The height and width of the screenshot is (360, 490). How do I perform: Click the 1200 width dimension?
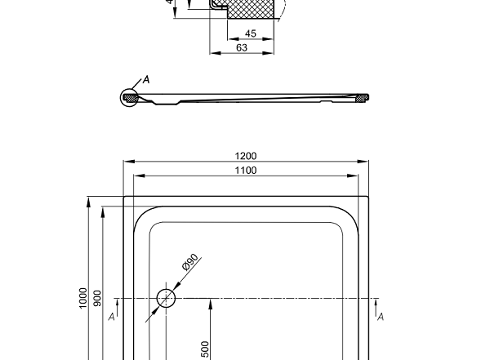point(245,156)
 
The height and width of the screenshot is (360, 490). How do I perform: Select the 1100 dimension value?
point(245,171)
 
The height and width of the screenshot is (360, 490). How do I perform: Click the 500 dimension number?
point(206,349)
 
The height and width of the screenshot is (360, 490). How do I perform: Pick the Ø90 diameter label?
point(190,262)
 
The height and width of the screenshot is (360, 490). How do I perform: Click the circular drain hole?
point(167,298)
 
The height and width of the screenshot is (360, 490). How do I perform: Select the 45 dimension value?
point(251,33)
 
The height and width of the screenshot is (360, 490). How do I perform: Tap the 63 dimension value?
point(242,47)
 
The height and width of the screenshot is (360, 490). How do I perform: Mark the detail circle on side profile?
point(129,98)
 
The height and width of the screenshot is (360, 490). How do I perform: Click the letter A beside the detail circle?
point(146,79)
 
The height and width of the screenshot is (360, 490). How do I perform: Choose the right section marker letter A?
point(381,317)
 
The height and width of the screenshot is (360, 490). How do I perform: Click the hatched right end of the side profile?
point(361,98)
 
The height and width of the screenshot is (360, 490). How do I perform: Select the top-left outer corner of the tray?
point(124,196)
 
